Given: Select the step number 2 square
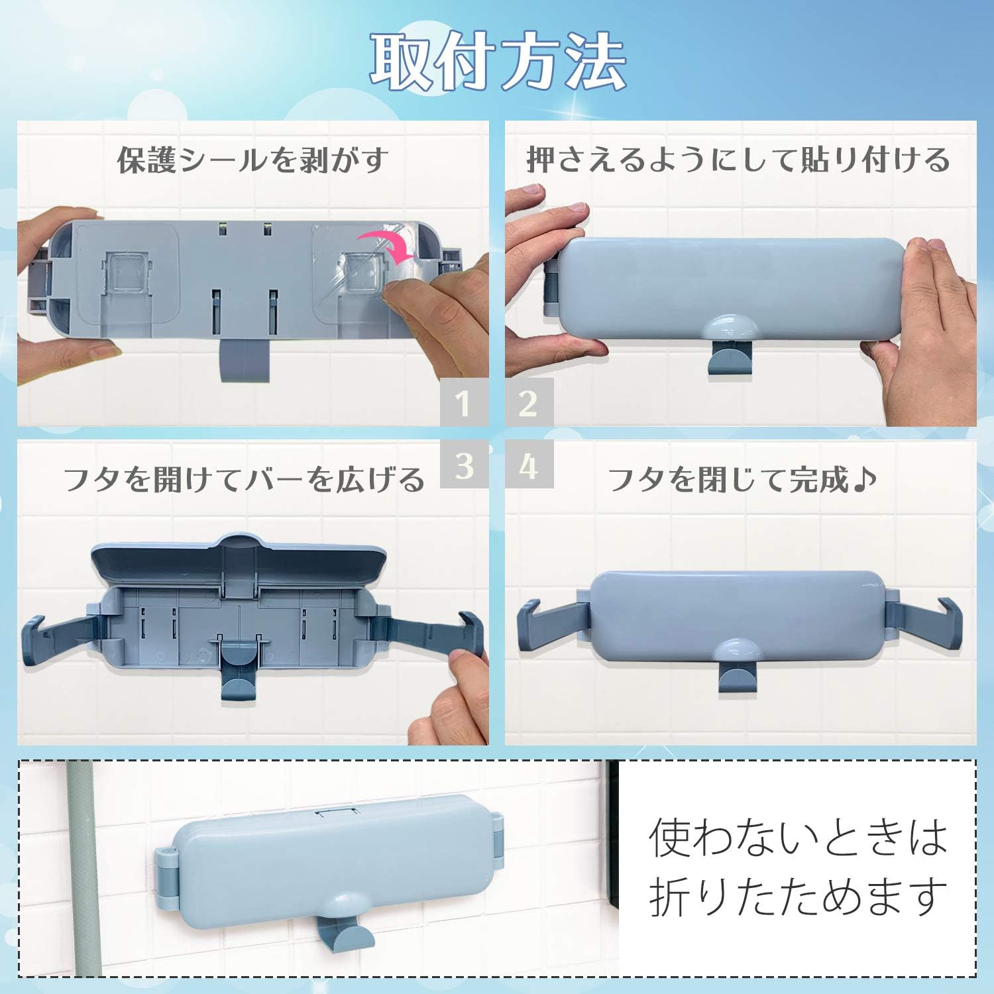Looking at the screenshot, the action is pos(529,402).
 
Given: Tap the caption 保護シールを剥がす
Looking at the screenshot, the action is pos(252,160).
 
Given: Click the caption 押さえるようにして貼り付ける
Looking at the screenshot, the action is pos(738,160).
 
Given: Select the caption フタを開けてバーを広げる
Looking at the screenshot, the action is pos(244,478).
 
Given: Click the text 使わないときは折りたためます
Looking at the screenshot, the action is pos(798,866).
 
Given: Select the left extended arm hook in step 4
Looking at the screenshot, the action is pos(547,620).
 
